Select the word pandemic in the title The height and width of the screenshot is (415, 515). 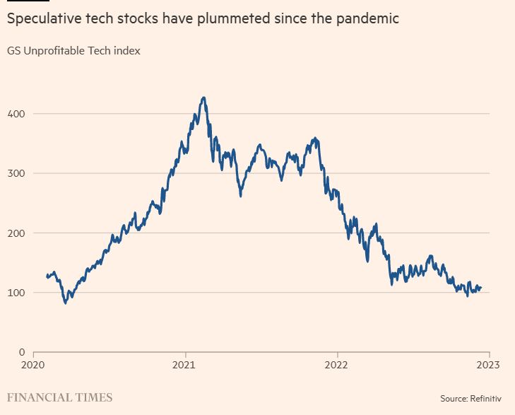[x=369, y=19]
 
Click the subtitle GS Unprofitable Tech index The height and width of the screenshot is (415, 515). [x=74, y=51]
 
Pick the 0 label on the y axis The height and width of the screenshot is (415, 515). [x=22, y=352]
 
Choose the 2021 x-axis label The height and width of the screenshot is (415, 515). [x=185, y=366]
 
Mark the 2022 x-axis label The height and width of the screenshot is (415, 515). [x=337, y=366]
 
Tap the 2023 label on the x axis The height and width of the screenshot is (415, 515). [x=488, y=366]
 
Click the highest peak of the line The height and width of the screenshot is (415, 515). [x=203, y=98]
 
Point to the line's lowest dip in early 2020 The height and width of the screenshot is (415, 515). [x=66, y=303]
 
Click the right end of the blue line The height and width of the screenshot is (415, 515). [x=481, y=288]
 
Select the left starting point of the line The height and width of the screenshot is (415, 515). [x=47, y=276]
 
